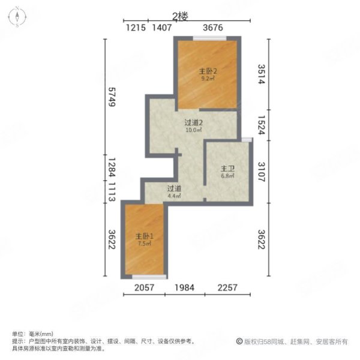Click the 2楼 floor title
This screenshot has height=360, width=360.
pos(181,16)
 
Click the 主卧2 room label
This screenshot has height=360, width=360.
pos(208,71)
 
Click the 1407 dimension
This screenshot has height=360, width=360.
pos(162,28)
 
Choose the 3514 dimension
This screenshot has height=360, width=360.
pos(261,74)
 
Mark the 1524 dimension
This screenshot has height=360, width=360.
pos(261,123)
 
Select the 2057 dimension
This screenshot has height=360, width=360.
pos(145,287)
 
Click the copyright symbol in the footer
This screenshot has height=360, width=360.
pos(239,341)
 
